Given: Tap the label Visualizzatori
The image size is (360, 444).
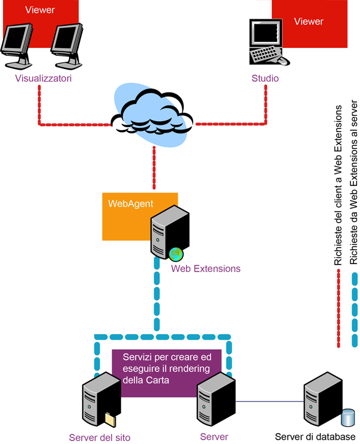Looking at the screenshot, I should (x=40, y=78).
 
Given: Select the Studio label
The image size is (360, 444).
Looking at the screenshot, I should (x=265, y=79).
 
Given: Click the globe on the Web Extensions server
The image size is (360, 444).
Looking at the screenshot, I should (x=175, y=253).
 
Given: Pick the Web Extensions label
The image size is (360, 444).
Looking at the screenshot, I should (x=206, y=269).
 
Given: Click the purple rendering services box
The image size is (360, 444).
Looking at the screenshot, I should (x=167, y=372).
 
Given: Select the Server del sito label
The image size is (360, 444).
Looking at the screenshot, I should (x=100, y=437).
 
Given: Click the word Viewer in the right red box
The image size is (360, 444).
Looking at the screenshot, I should (x=308, y=22).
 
